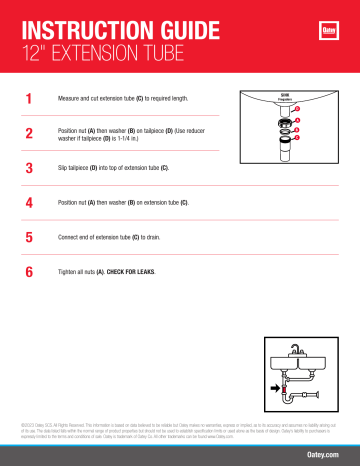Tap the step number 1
tap(30, 99)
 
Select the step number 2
tap(30, 133)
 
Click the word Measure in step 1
tap(72, 99)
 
